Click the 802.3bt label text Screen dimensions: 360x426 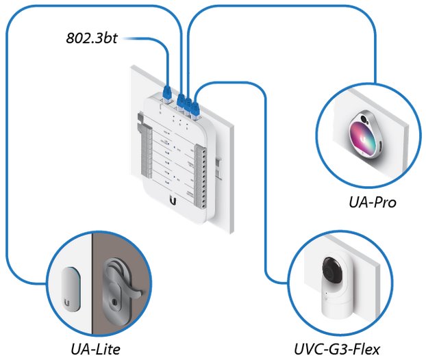[91, 39]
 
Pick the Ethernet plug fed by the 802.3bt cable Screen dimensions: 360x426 [167, 92]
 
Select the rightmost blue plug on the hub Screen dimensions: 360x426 [195, 106]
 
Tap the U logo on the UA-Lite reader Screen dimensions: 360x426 [68, 301]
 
